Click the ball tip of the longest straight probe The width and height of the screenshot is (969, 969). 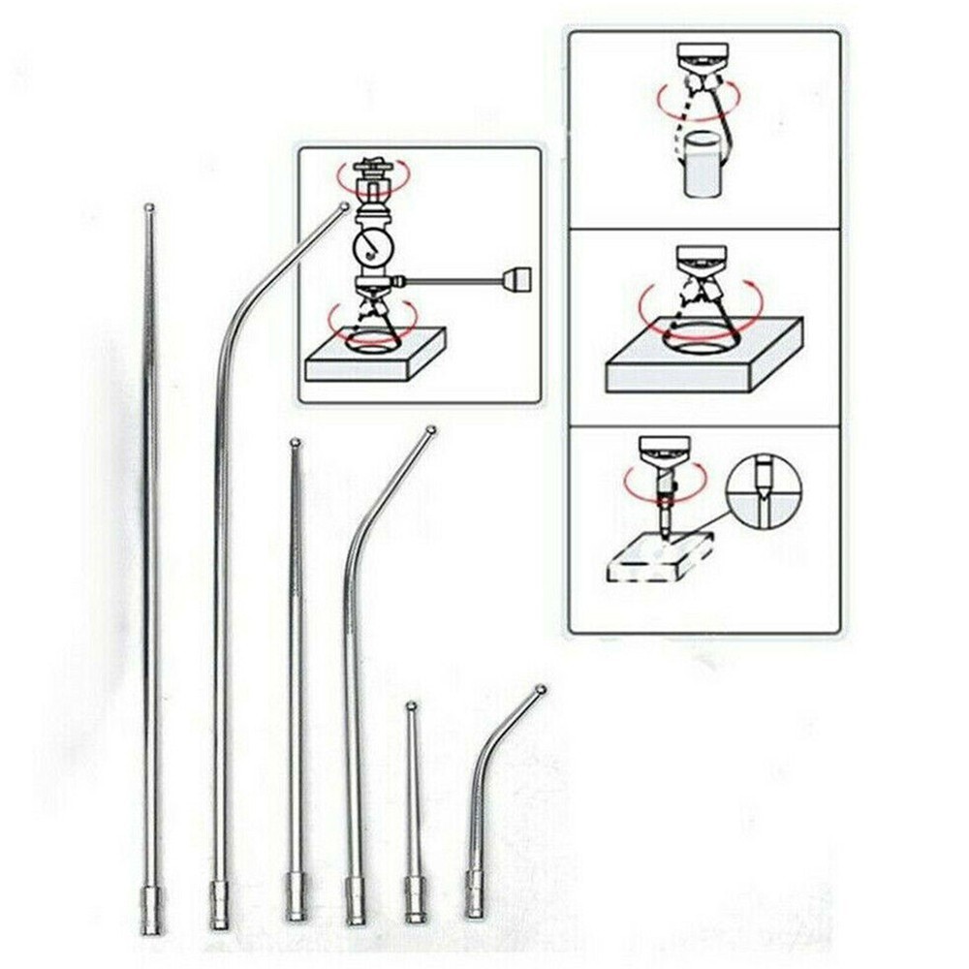click(x=148, y=206)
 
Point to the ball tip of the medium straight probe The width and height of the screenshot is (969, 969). click(x=295, y=444)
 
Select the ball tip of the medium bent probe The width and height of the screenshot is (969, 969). click(x=431, y=429)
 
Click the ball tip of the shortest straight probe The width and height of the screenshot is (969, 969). click(x=411, y=705)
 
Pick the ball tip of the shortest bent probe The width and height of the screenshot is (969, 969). click(x=540, y=689)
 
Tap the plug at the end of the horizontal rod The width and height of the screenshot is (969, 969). click(x=517, y=281)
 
